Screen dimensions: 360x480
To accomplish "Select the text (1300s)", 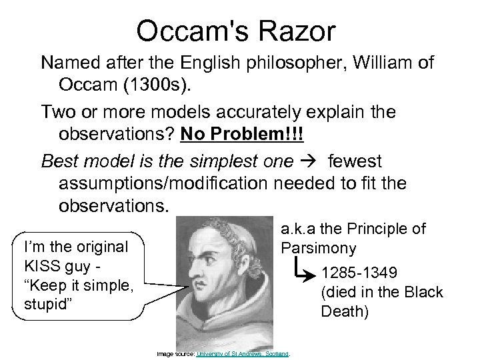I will pyautogui.click(x=180, y=86).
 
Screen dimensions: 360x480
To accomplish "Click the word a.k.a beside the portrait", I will pyautogui.click(x=302, y=231).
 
